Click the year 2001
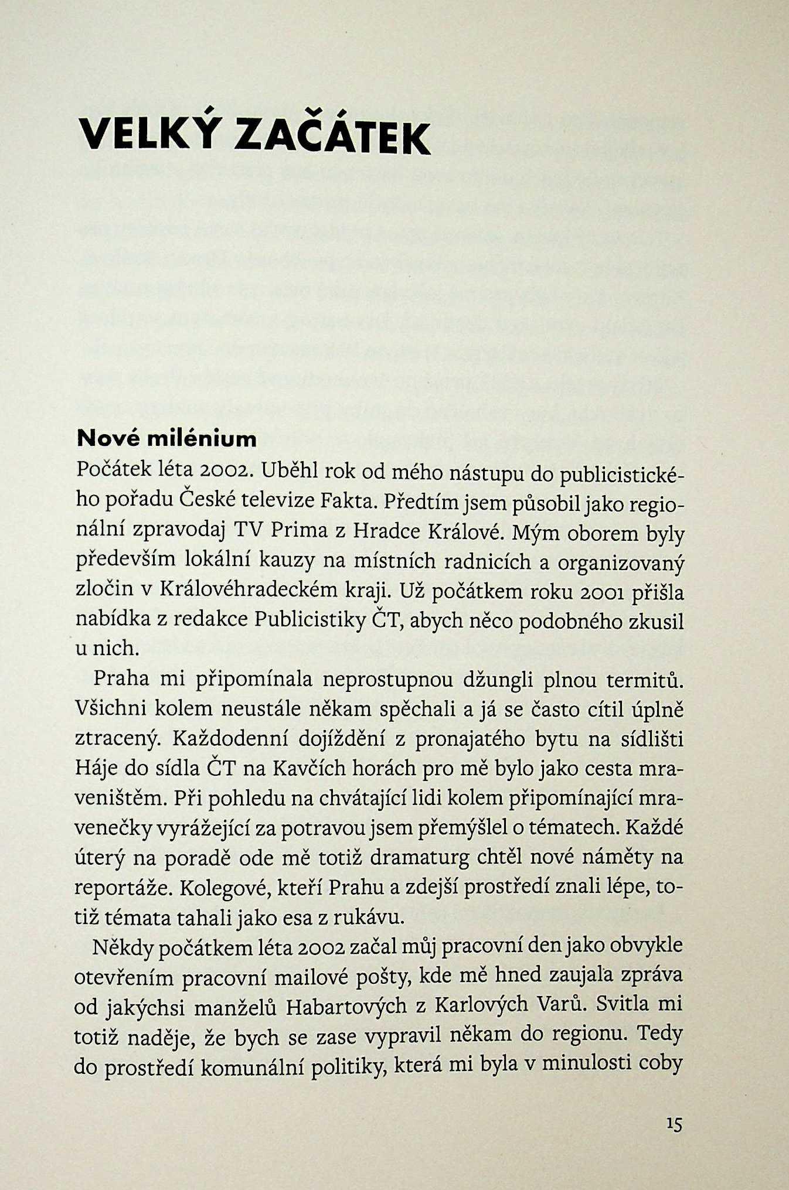click(597, 592)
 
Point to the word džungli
click(498, 680)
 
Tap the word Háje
click(96, 768)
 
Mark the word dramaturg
click(419, 858)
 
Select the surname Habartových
click(346, 1007)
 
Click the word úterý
click(99, 858)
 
